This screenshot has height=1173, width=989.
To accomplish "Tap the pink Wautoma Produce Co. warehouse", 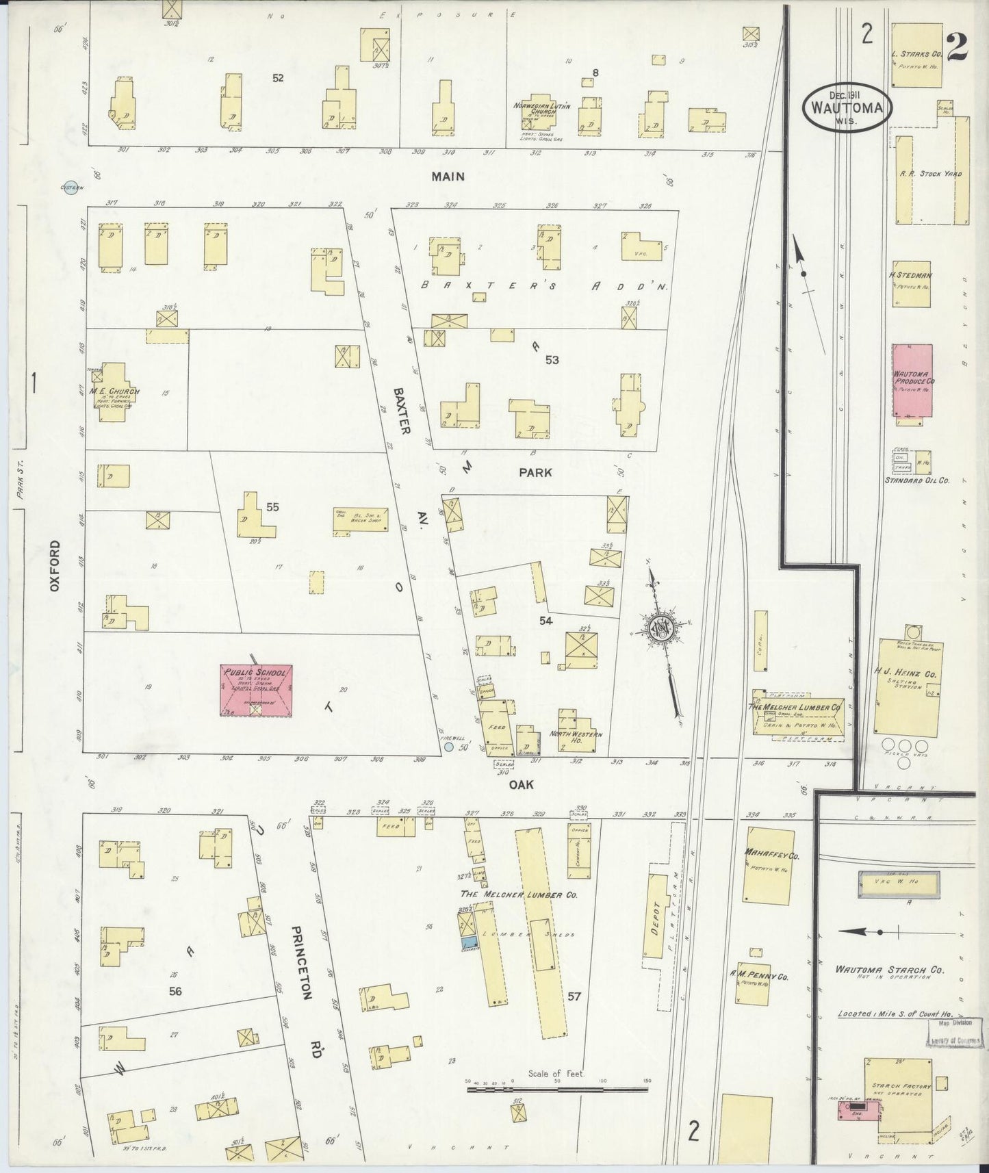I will pos(912,380).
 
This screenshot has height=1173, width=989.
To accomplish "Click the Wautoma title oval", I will pos(847,106).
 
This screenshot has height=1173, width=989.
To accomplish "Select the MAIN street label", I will pos(448,177).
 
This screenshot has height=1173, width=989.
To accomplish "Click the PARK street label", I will pos(535,473).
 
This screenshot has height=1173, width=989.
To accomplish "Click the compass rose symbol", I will pos(663,628).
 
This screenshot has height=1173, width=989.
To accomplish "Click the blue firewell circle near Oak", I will pos(448,748).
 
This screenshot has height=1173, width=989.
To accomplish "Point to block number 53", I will pos(552,360).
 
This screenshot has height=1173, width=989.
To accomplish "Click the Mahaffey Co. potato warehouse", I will pos(769,865).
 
